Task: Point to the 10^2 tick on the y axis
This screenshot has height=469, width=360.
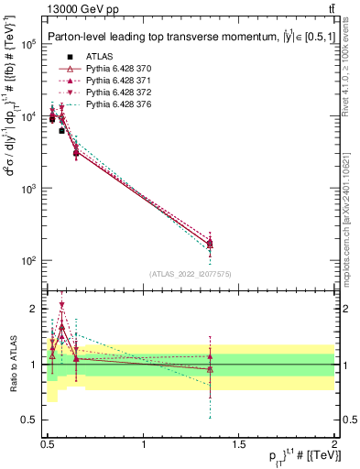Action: tap(31, 261)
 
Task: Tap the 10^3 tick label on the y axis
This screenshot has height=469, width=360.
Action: tap(31, 189)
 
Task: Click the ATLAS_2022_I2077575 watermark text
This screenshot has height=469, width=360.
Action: tap(191, 273)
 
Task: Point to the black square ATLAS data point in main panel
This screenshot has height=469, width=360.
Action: tap(61, 131)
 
